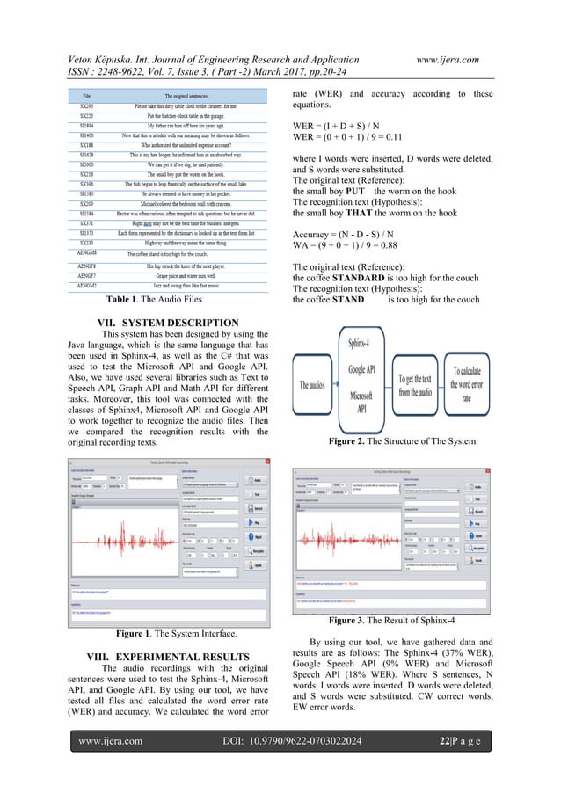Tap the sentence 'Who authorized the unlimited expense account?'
[192, 145]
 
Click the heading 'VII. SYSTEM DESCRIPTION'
[153, 323]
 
